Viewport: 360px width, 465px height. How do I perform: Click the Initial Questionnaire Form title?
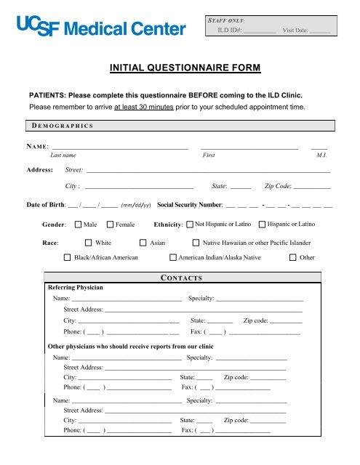pos(180,69)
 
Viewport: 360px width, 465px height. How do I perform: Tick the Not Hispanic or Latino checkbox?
pos(190,225)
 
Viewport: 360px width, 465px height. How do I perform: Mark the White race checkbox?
pos(89,243)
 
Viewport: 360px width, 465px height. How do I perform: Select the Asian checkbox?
pos(143,243)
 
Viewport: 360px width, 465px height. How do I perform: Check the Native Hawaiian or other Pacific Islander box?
pos(196,243)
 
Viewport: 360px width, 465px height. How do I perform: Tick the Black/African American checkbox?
pos(67,257)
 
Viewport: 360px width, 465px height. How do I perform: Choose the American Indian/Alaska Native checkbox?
pos(172,257)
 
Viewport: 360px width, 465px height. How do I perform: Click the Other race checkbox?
pos(293,257)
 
